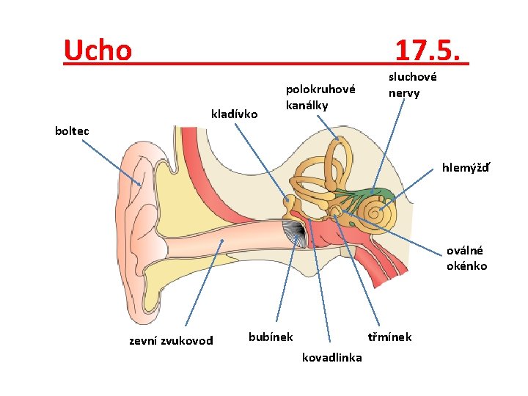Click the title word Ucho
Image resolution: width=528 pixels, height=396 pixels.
[98, 50]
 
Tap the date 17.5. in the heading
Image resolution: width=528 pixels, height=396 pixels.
[429, 50]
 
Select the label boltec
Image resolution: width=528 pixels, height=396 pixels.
[72, 131]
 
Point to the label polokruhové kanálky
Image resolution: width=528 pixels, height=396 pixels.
[320, 97]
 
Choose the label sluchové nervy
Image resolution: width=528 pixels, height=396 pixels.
[412, 84]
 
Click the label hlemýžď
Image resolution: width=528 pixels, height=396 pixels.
[466, 167]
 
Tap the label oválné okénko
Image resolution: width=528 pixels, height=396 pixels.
[466, 258]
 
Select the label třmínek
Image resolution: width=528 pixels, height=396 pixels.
[389, 337]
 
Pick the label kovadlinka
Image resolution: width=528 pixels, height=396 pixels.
[331, 357]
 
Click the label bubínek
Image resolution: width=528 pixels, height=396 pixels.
[271, 337]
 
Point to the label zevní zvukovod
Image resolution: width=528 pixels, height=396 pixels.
[171, 340]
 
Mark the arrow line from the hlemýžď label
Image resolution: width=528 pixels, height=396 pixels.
[412, 182]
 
